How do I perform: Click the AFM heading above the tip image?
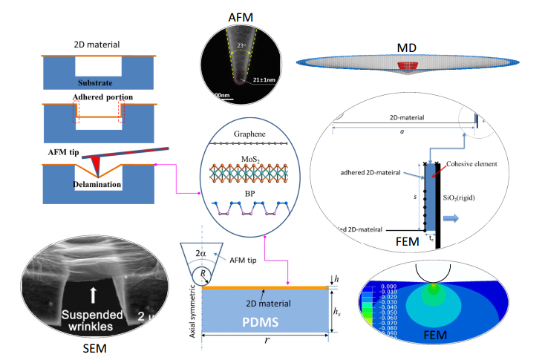point(238,16)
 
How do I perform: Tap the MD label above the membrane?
point(406,48)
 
